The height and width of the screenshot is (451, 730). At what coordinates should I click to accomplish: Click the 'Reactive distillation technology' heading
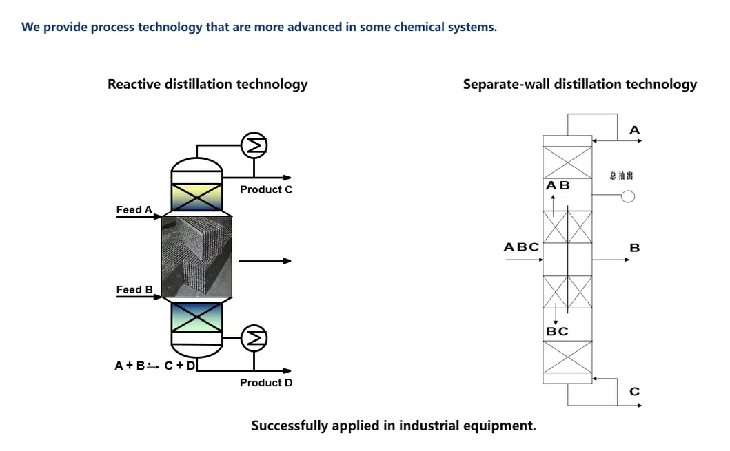tap(207, 85)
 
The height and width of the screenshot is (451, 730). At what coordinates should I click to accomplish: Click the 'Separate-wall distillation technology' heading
tap(580, 85)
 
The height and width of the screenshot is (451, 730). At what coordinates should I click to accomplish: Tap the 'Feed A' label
tap(134, 210)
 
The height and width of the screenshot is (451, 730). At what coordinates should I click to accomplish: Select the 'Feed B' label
tap(134, 290)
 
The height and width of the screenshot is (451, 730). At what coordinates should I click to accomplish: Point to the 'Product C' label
tap(265, 189)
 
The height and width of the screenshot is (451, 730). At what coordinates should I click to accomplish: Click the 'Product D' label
tap(265, 383)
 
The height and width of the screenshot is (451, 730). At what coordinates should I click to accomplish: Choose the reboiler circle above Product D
tap(253, 337)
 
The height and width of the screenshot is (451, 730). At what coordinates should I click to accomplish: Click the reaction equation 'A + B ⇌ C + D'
tap(154, 366)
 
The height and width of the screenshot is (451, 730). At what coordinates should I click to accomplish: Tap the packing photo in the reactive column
tap(196, 256)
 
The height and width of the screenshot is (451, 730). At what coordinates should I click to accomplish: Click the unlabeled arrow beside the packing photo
tap(265, 261)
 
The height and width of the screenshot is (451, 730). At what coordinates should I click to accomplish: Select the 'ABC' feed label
tap(521, 247)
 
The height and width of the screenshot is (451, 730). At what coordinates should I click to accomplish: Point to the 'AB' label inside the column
tap(558, 186)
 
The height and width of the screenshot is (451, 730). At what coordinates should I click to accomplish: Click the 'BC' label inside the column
tap(557, 331)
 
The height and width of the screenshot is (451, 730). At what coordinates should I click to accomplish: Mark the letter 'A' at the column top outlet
tap(635, 130)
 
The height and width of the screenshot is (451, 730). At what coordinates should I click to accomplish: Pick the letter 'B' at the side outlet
tap(635, 248)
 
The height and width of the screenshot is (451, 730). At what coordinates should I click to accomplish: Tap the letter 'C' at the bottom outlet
tap(635, 392)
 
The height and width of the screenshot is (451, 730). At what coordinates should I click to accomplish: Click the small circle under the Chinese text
tap(627, 197)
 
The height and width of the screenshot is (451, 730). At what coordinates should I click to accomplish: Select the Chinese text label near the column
tap(621, 176)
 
